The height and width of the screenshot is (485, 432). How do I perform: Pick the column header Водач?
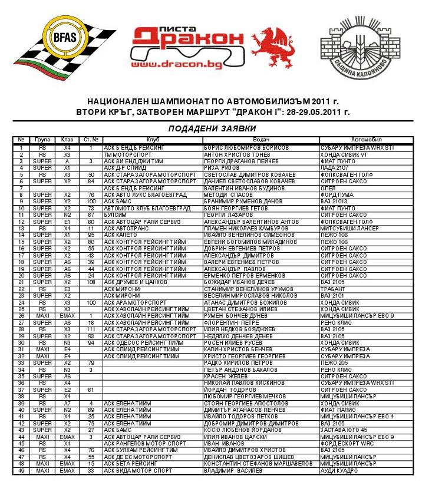pyautogui.click(x=260, y=140)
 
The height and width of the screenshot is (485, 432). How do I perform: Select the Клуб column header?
pyautogui.click(x=153, y=140)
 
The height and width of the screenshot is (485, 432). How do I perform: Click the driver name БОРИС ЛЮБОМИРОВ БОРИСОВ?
pyautogui.click(x=246, y=147)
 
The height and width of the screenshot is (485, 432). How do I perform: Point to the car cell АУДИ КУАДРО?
pyautogui.click(x=339, y=471)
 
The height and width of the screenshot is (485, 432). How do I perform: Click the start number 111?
pyautogui.click(x=91, y=329)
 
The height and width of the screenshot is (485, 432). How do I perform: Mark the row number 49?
pyautogui.click(x=21, y=471)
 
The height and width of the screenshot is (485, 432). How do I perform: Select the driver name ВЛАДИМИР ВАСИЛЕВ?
pyautogui.click(x=233, y=471)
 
